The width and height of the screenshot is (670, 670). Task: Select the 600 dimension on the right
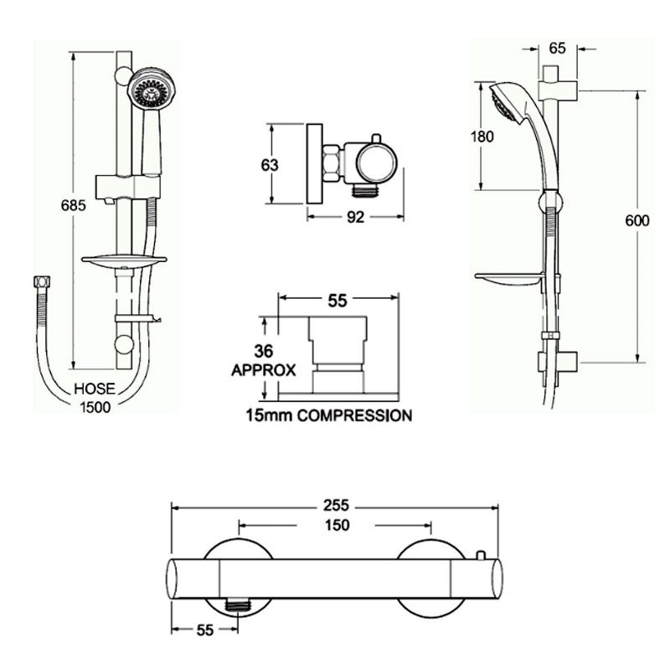click(637, 220)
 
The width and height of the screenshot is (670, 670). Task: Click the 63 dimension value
click(270, 164)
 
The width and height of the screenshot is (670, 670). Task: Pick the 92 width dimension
click(355, 218)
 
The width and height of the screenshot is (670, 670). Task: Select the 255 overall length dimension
click(337, 506)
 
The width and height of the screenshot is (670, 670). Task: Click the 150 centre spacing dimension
click(337, 526)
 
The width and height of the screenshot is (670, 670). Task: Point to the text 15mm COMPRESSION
click(328, 415)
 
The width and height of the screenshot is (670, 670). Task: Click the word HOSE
click(93, 389)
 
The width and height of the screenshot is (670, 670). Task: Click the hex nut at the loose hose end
click(38, 283)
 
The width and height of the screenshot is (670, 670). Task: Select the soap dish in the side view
click(508, 276)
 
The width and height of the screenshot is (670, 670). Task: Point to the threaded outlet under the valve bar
click(240, 602)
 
